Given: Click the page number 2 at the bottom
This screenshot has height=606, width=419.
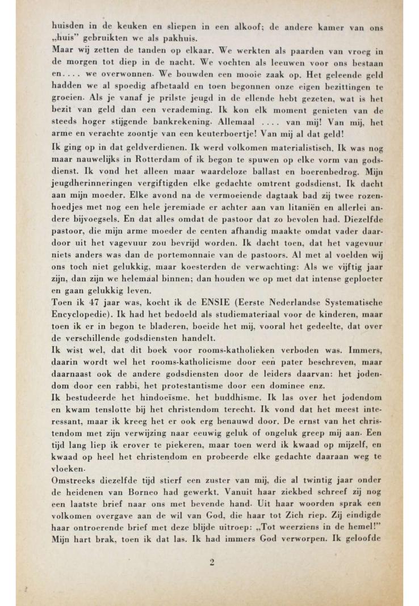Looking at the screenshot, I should [212, 563].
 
